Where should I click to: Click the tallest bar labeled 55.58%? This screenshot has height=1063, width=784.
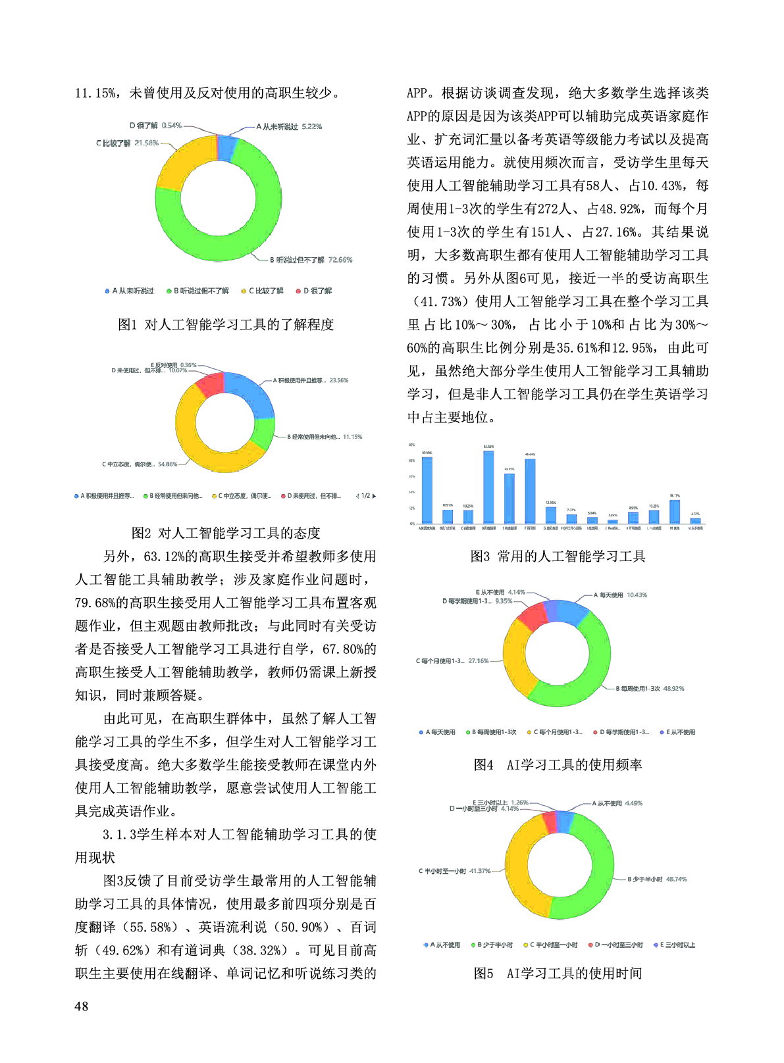[x=488, y=487]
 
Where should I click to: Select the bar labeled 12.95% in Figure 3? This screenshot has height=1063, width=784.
[x=551, y=515]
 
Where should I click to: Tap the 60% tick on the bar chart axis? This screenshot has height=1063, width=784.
[x=412, y=445]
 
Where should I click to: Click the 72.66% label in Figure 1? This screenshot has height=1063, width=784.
[x=340, y=260]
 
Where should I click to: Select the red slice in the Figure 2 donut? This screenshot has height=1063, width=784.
[x=209, y=383]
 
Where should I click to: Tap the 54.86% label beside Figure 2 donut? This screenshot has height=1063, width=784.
[x=168, y=464]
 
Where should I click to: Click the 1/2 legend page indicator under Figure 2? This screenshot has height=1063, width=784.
[x=366, y=496]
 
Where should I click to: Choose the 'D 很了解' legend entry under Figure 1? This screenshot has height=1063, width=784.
[x=315, y=291]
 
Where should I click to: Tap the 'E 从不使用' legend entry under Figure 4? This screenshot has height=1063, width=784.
[x=678, y=732]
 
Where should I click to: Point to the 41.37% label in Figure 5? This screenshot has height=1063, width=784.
[x=480, y=871]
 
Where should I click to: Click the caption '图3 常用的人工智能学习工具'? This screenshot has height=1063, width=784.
[x=558, y=556]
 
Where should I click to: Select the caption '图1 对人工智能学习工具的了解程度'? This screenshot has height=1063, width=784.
[x=226, y=324]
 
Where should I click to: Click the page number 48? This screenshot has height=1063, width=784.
[x=82, y=1006]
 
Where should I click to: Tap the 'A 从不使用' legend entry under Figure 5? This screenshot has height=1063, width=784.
[x=442, y=945]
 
